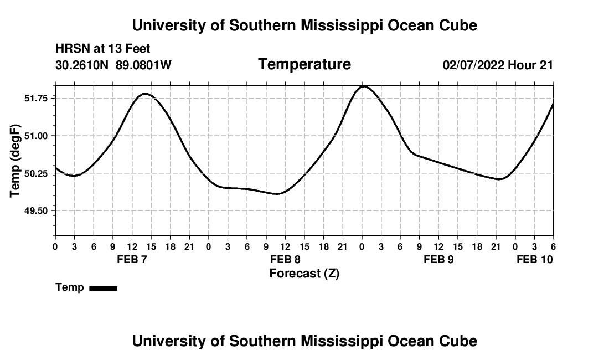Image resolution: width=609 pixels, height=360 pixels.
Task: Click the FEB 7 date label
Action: click(x=132, y=259)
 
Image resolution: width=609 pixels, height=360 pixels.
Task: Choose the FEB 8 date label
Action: click(x=285, y=259)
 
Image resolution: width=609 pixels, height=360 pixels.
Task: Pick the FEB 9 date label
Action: click(x=438, y=259)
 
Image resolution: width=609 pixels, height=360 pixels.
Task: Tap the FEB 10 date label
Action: click(x=535, y=259)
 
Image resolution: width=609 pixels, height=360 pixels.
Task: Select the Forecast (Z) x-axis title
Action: click(x=304, y=274)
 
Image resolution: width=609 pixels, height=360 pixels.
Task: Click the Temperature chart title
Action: click(x=304, y=64)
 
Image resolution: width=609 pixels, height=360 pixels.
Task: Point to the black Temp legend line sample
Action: click(x=103, y=288)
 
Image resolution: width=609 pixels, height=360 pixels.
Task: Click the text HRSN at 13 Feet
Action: click(x=103, y=49)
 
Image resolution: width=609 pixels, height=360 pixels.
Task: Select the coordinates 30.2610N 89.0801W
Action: click(x=113, y=65)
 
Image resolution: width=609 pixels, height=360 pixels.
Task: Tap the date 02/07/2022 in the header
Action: click(x=473, y=65)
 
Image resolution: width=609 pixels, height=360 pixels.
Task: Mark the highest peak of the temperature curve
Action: click(x=363, y=86)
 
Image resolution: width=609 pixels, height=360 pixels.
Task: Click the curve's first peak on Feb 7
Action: click(x=145, y=94)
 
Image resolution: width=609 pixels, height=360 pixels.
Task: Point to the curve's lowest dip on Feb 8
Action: click(x=278, y=194)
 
